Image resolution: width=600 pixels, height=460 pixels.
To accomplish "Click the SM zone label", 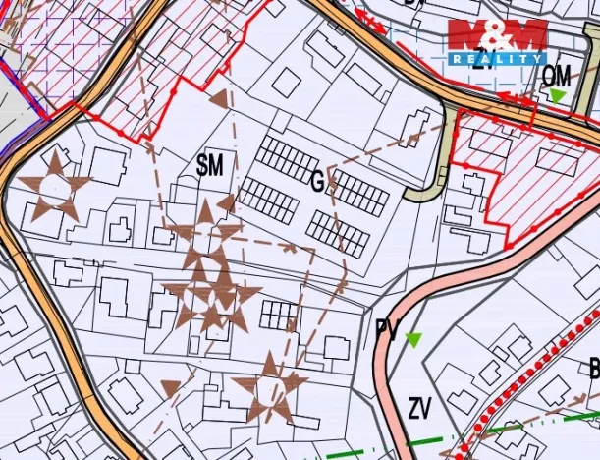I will point(210,166).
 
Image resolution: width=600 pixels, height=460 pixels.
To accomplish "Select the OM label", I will point(557,75).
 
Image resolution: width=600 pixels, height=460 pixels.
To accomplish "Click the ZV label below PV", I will point(420,406).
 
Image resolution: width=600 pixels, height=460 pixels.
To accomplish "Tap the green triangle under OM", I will point(558,95).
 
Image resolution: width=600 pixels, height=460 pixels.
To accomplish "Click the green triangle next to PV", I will point(413,340).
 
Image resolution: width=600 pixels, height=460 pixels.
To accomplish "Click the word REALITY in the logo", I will point(497,58).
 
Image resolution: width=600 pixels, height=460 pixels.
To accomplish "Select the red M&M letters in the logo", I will point(497,35).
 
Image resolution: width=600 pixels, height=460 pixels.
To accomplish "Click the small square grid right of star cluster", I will point(279,316).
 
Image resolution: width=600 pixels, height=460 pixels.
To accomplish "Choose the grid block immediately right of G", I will point(359,193).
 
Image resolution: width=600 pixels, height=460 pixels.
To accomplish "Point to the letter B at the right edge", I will point(593,370).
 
